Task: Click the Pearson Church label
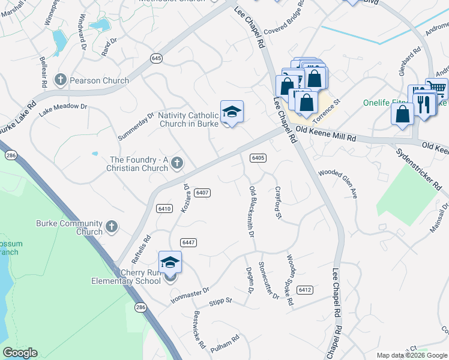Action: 99,80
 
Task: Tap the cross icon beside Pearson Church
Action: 60,80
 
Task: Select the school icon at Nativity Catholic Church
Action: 232,112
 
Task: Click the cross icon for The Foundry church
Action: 177,163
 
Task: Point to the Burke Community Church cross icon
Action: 111,226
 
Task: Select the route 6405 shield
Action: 258,157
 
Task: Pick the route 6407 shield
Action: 203,192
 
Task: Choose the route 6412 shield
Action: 304,290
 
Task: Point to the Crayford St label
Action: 278,202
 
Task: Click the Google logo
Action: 20,353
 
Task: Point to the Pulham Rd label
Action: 225,339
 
